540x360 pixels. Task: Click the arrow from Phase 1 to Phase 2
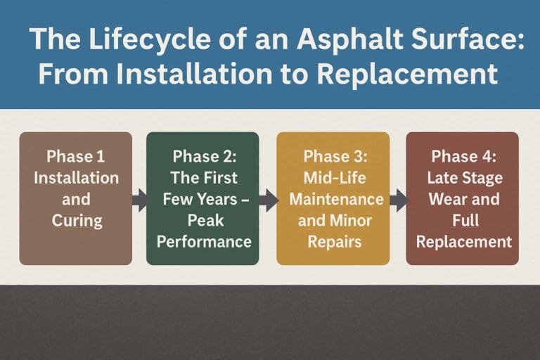pyautogui.click(x=140, y=200)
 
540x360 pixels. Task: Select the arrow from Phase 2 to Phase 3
pyautogui.click(x=268, y=200)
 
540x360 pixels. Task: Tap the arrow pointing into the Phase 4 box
pyautogui.click(x=398, y=200)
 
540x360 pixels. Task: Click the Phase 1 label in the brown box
pyautogui.click(x=76, y=156)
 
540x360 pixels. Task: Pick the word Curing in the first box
pyautogui.click(x=77, y=221)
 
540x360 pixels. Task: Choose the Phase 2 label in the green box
pyautogui.click(x=203, y=156)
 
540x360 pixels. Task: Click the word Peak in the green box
pyautogui.click(x=203, y=221)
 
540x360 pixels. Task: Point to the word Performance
pyautogui.click(x=203, y=242)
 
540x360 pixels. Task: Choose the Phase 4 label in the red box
pyautogui.click(x=463, y=156)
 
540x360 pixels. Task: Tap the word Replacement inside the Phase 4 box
pyautogui.click(x=463, y=242)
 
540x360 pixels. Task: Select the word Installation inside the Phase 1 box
pyautogui.click(x=76, y=178)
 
